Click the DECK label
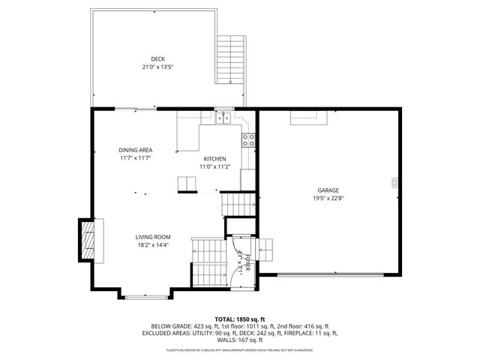[x=157, y=59]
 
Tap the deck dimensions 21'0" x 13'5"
[x=157, y=67]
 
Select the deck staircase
[x=230, y=60]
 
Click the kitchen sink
[x=223, y=117]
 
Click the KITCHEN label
[x=215, y=159]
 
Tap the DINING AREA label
[x=135, y=150]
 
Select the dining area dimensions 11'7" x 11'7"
[x=135, y=158]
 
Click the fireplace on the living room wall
[x=88, y=240]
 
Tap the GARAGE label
[x=328, y=190]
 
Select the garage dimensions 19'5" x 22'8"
[x=328, y=199]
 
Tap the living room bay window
[x=147, y=298]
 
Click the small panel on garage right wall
[x=394, y=182]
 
